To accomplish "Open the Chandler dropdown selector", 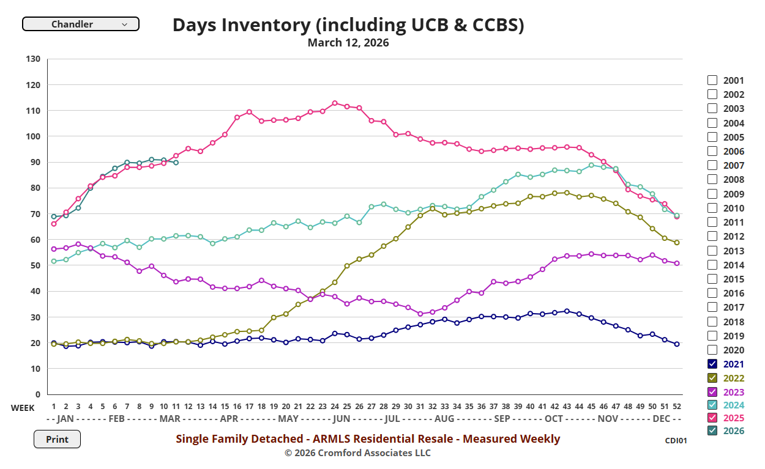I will pos(80,24).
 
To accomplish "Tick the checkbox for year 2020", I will pos(712,350).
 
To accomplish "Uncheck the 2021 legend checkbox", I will pos(712,364).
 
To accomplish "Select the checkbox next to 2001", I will pos(712,80).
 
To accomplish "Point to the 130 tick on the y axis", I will pos(33,59).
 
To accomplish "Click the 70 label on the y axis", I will pos(35,214).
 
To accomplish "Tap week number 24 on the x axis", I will pos(334,407).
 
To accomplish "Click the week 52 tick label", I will pos(676,407).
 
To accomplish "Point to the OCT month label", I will pos(553,419).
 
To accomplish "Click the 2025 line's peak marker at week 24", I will pos(335,103).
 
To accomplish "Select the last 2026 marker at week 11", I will pos(176,163).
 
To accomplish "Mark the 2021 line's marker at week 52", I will pos(676,344).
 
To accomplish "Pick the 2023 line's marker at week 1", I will pos(54,249).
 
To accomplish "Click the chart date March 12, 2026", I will pos(348,43).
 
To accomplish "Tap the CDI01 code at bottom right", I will pos(676,440).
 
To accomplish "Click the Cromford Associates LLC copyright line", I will pos(357,453).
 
